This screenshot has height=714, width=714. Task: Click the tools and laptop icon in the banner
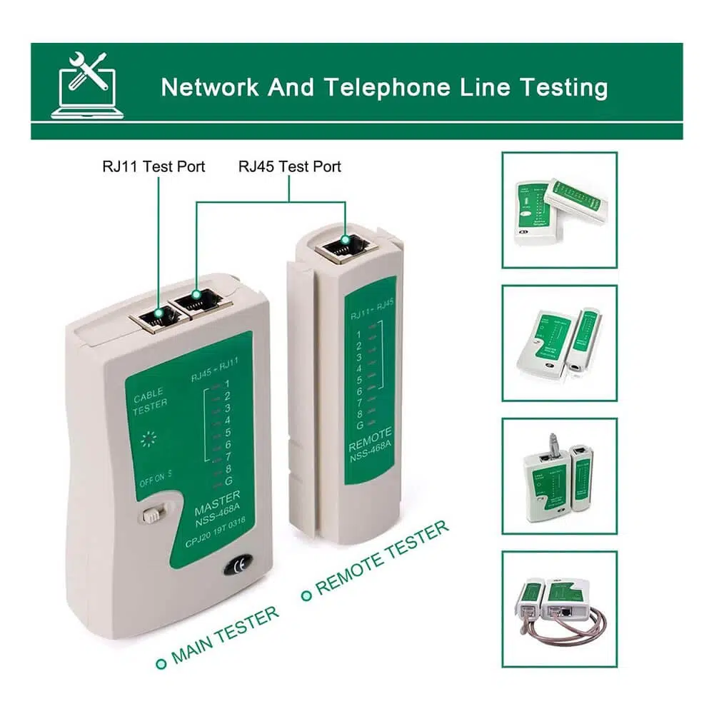pos(88,85)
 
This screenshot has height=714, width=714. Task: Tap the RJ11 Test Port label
pos(153,166)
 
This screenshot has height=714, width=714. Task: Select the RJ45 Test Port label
pos(289,166)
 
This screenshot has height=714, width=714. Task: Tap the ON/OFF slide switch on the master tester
pos(151,515)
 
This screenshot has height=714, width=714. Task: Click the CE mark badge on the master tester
pos(238,568)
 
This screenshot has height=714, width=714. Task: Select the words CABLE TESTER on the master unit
pos(149,398)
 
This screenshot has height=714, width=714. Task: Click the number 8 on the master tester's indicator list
pos(227,469)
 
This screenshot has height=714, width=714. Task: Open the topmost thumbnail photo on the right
pos(559,210)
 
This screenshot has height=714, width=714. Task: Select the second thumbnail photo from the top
pos(559,343)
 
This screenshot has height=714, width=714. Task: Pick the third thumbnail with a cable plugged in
pos(559,476)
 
